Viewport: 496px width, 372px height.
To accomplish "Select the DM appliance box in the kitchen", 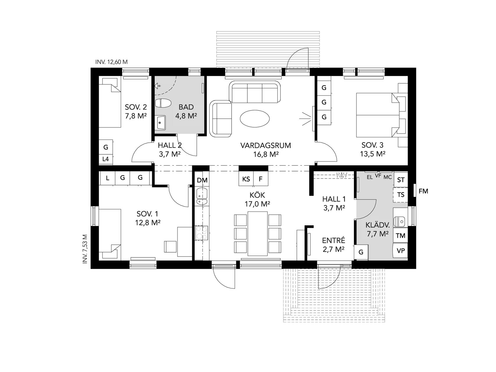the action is [x=202, y=180].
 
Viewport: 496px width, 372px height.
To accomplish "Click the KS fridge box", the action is [x=246, y=179].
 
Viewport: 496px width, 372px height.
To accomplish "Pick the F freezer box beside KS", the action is [x=261, y=179].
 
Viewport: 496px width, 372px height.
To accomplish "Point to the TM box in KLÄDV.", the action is [x=400, y=235].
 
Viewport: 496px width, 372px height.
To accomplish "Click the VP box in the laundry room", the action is [x=400, y=251].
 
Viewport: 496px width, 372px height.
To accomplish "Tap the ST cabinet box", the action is [x=401, y=180].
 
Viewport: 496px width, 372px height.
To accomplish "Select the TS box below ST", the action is [x=401, y=195].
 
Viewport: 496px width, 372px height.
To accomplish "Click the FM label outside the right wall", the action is [x=423, y=191].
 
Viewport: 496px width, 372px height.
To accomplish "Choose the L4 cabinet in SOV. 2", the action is [x=106, y=159].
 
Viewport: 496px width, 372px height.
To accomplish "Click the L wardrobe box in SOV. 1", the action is [x=108, y=178].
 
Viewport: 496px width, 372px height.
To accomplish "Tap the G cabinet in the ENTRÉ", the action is [x=361, y=252].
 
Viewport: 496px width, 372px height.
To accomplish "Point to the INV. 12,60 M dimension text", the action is [x=111, y=62].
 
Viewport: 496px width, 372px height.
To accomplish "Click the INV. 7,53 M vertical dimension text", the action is [x=85, y=249].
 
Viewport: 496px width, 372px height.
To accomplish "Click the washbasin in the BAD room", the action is [x=161, y=123].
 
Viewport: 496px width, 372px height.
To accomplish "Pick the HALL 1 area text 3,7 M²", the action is [x=334, y=208].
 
